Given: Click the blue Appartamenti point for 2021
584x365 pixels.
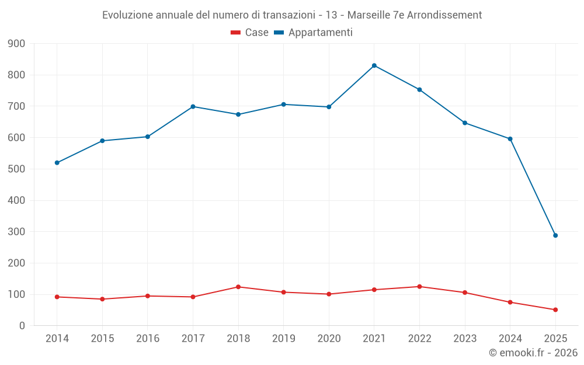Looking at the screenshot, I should coord(374,65).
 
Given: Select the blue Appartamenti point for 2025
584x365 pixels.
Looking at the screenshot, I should coord(555,235).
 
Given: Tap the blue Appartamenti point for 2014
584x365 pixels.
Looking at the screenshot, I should coord(57,163).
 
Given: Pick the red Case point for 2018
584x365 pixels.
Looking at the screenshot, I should coord(238,287).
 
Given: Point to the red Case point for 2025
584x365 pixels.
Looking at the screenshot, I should coord(555,310).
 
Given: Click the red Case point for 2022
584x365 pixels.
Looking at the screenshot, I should coord(419,287).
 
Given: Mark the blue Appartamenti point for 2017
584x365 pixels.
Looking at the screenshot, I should coord(193,106).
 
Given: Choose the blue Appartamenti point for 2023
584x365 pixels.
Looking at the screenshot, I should coord(465,123).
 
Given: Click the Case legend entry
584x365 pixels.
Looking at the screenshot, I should coord(249,33).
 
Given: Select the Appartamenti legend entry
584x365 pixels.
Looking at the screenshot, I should coord(313,33).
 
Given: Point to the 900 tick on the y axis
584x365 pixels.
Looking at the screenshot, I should coord(17,44).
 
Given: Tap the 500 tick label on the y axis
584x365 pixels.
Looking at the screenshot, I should coord(17,169).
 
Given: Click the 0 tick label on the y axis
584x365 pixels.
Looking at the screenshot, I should coord(22,326).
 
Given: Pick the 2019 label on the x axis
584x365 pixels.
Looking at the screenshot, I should coord(283,339).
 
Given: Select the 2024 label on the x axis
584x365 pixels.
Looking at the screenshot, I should coord(510,339).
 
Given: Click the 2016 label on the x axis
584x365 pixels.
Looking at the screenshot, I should coord(147,339).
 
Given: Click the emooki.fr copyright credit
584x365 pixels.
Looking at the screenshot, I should coord(533,353).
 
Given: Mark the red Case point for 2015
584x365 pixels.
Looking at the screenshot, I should coord(102,299).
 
